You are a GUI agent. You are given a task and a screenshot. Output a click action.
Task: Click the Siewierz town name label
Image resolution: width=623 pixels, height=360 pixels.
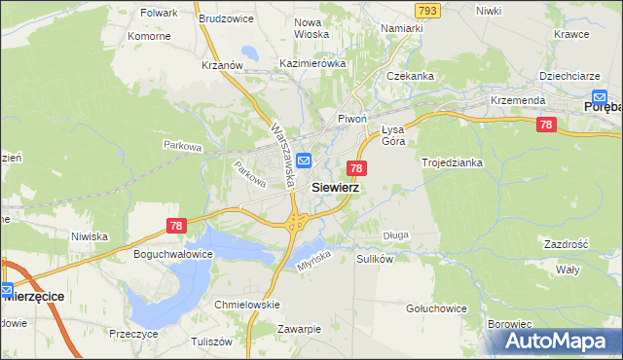[x=336, y=187]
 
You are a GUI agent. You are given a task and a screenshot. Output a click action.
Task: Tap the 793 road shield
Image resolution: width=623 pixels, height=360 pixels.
[x=426, y=10]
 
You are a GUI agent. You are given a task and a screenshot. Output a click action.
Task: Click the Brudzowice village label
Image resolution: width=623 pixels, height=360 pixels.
[x=225, y=18]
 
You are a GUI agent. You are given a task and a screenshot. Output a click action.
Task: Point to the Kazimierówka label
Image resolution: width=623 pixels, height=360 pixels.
[x=313, y=62]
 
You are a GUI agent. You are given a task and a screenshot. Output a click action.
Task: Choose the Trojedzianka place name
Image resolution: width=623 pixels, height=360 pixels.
[x=452, y=162]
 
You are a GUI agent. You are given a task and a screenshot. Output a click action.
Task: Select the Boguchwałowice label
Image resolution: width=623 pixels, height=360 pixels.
[x=172, y=253]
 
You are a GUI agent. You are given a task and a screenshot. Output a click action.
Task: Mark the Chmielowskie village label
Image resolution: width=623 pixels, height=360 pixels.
[x=246, y=305]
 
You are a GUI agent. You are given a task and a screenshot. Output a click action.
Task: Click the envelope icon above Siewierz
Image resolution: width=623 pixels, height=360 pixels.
[x=304, y=161]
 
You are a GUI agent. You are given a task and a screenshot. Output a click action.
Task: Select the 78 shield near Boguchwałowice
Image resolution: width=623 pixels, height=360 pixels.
[x=175, y=226]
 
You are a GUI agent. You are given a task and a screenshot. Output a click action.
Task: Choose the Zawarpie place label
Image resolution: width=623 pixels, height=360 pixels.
[x=299, y=329]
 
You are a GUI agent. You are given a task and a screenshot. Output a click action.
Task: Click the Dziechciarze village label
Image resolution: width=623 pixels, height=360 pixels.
[x=568, y=75]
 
